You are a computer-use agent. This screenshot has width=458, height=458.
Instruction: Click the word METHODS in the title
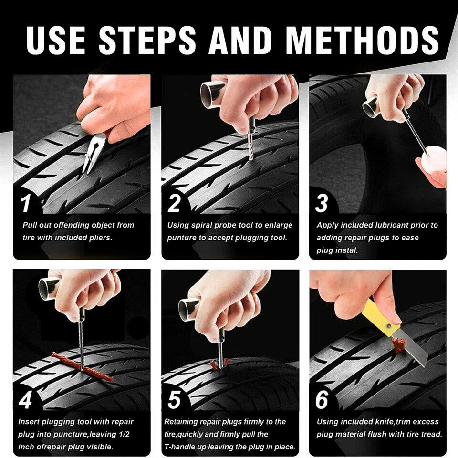[362, 40]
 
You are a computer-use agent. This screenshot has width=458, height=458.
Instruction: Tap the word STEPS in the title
[147, 40]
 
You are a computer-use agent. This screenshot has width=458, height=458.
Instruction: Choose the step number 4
[25, 400]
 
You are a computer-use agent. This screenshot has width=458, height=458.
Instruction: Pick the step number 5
[174, 400]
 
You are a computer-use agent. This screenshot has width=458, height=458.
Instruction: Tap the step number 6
[322, 400]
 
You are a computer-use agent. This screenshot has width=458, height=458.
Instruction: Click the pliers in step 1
[93, 153]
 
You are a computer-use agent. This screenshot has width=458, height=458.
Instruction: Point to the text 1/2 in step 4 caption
[124, 434]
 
